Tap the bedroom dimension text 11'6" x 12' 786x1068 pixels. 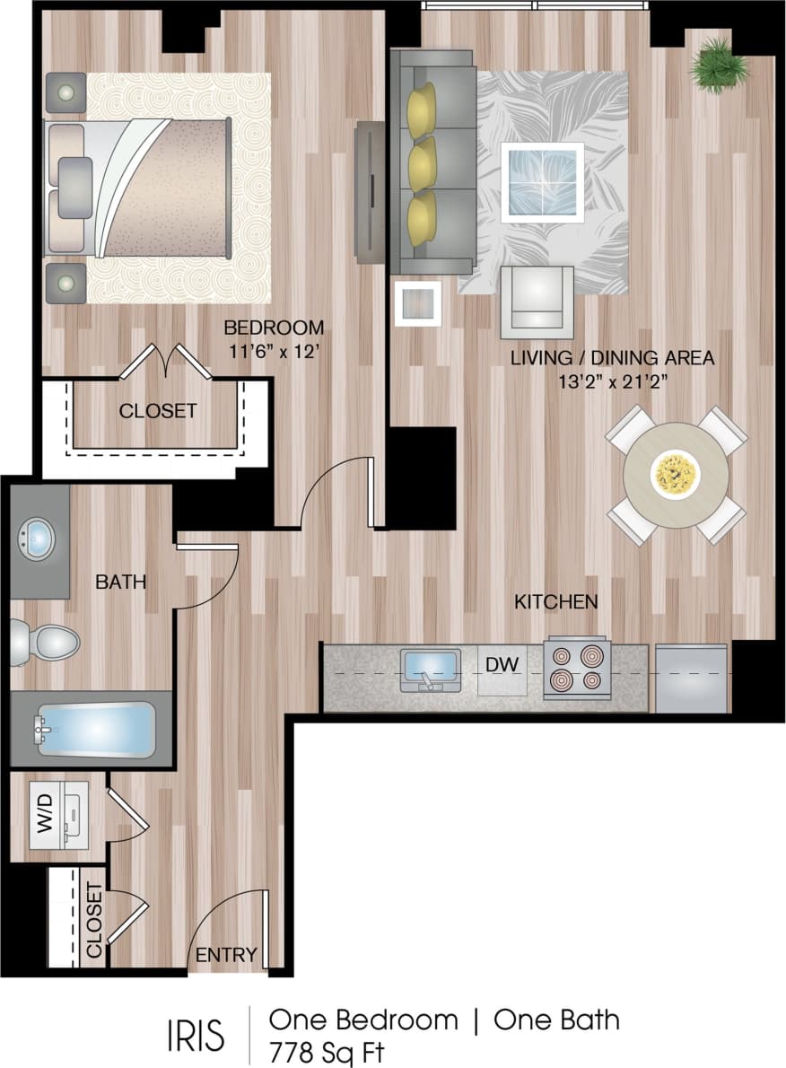coord(273,353)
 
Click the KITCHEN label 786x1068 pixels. coord(555,601)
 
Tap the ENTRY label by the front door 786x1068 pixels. coord(226,954)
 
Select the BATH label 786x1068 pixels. coord(120,582)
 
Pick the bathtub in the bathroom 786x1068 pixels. coord(94,730)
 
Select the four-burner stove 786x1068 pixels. coord(576,669)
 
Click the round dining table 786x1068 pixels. coord(676,472)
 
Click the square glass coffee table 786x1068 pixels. coord(542,182)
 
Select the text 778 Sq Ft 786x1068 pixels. coord(327,1052)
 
